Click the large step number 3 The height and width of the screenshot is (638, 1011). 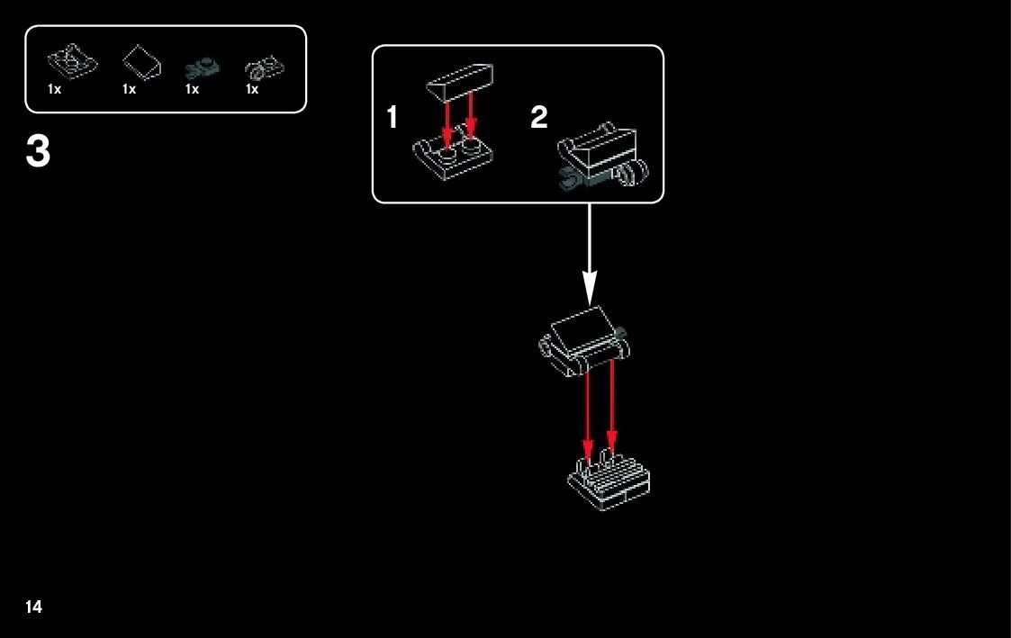[x=39, y=153]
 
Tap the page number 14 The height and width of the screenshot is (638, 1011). [x=33, y=607]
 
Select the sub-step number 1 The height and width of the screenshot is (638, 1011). [x=393, y=118]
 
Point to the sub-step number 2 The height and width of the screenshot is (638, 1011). [x=538, y=118]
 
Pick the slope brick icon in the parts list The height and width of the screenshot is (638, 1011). [x=141, y=63]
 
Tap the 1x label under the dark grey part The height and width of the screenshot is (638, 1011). [x=192, y=89]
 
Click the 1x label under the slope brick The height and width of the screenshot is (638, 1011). [x=129, y=89]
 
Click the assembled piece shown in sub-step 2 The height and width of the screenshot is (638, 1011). [x=605, y=158]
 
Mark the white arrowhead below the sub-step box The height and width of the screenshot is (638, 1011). [x=591, y=288]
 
